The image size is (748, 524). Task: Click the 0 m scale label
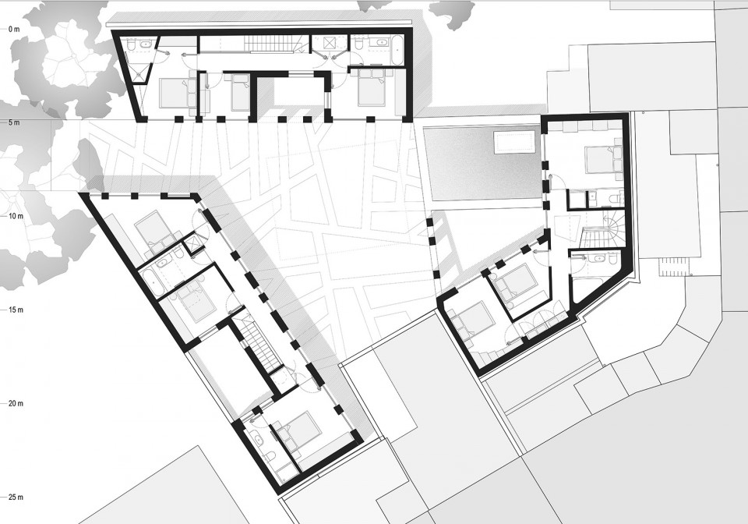coord(14,29)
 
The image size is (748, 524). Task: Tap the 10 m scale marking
coord(16,216)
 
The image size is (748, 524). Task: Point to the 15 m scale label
coord(16,310)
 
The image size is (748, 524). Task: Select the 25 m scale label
coord(16,497)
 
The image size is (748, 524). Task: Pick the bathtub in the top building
coord(397,49)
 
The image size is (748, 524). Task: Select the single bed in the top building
coord(240,94)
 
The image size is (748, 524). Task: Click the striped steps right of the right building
coord(672,267)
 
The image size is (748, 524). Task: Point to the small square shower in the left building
coord(194,243)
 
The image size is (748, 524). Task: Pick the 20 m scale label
coord(16,404)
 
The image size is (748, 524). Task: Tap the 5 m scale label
coord(14,122)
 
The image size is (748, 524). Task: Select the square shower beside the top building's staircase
coord(329,44)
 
